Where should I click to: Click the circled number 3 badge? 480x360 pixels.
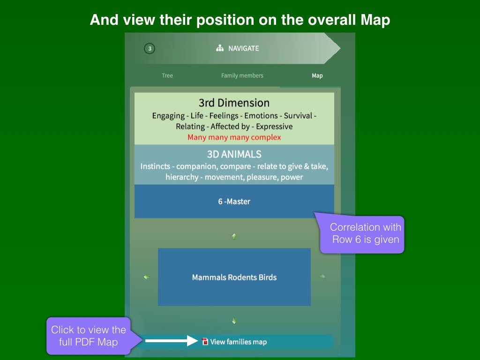[x=150, y=48]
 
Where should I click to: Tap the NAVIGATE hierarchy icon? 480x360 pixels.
[x=220, y=48]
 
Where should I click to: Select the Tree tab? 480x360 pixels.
[x=167, y=75]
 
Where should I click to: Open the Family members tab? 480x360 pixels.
[x=242, y=75]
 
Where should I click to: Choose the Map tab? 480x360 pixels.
[x=317, y=75]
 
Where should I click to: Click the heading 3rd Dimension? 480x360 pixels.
[x=234, y=103]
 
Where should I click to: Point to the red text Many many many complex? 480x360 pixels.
[x=234, y=137]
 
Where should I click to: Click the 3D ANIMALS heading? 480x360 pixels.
[x=234, y=154]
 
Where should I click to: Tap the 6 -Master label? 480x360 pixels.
[x=234, y=202]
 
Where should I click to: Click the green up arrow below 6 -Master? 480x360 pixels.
[x=234, y=236]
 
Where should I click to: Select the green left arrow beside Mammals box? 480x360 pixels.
[x=147, y=277]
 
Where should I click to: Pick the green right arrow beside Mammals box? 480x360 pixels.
[x=322, y=277]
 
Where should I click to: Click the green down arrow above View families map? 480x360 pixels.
[x=234, y=321]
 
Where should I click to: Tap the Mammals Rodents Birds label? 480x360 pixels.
[x=234, y=277]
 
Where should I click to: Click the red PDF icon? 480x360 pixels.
[x=205, y=341]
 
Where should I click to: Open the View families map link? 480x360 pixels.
[x=239, y=342]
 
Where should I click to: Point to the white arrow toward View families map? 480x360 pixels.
[x=172, y=341]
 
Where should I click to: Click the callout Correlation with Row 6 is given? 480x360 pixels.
[x=362, y=233]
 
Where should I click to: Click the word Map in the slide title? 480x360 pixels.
[x=375, y=20]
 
